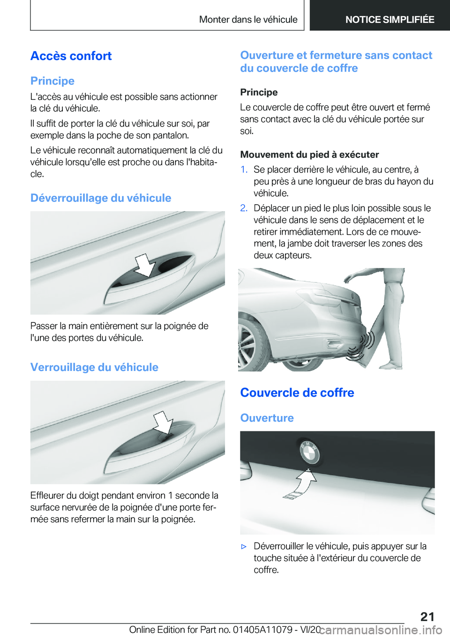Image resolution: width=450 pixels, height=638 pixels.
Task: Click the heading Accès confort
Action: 71,56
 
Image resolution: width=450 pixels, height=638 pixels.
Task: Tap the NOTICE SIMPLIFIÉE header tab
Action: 390,20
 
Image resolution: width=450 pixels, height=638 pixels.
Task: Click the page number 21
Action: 427,616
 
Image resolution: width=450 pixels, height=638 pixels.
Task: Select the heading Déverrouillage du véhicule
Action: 101,198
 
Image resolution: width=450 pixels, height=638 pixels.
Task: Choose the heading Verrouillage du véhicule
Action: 94,367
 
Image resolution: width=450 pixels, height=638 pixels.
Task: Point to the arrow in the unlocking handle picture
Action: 145,265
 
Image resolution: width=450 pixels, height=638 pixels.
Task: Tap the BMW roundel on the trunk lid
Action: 309,453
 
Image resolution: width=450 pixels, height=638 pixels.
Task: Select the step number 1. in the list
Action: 244,170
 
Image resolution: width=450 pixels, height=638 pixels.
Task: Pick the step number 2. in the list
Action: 244,208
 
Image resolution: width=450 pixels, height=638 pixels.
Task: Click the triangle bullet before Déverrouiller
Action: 244,547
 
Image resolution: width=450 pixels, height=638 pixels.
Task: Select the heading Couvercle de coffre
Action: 297,393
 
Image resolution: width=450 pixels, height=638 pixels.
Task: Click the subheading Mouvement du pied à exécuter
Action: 309,155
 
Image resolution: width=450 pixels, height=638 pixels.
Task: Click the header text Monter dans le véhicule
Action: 248,20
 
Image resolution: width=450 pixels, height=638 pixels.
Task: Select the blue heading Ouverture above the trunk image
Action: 267,418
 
